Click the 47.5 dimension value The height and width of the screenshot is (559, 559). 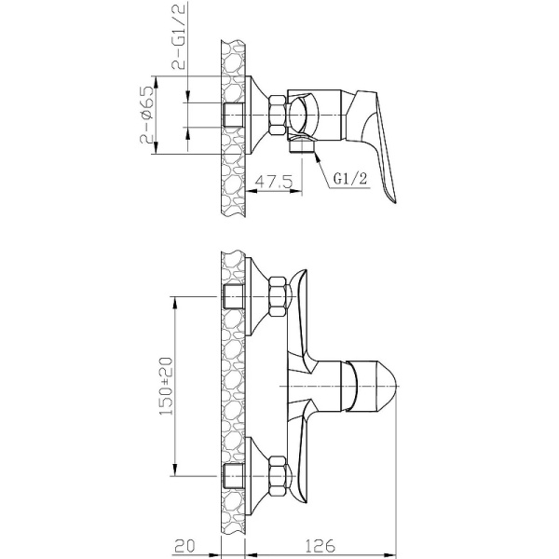pyautogui.click(x=277, y=182)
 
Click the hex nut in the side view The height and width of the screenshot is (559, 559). pyautogui.click(x=278, y=116)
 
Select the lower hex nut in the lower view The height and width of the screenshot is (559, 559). pyautogui.click(x=278, y=476)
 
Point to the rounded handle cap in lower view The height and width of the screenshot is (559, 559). pyautogui.click(x=378, y=386)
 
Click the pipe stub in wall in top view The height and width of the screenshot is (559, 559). pyautogui.click(x=235, y=116)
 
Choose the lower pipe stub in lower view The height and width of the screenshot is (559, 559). pyautogui.click(x=235, y=476)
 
